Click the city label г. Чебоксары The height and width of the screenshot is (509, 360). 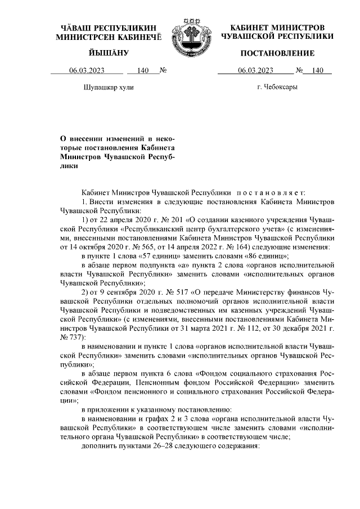tap(277, 87)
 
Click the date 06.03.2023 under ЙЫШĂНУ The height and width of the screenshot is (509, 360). tap(87, 71)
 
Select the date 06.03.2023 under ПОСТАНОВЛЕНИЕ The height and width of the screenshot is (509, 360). tap(256, 71)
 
